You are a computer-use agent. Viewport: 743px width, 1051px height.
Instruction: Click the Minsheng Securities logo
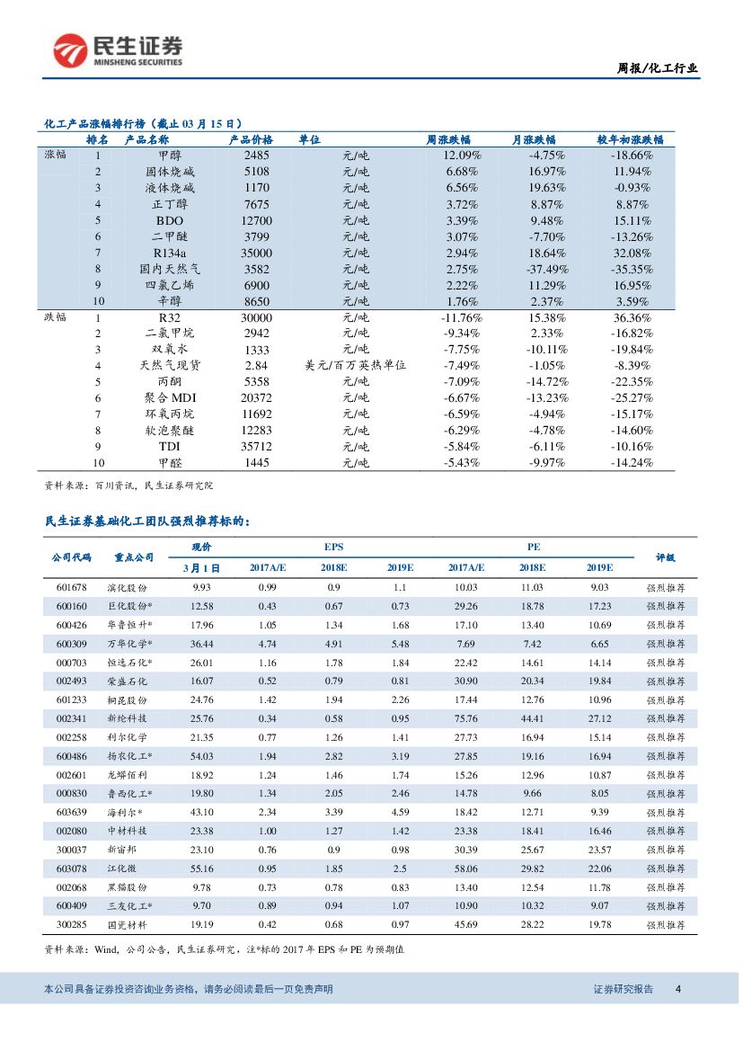tap(118, 50)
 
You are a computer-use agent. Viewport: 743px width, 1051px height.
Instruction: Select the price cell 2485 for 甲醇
tap(256, 156)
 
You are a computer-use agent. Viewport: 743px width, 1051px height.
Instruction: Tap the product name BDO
tap(170, 220)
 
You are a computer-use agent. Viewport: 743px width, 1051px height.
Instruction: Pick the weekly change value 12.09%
tap(463, 156)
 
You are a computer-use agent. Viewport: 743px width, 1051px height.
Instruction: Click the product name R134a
tap(170, 253)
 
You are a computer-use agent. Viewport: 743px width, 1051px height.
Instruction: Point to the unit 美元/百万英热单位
tap(356, 366)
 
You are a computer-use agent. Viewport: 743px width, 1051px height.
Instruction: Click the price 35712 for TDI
tap(256, 447)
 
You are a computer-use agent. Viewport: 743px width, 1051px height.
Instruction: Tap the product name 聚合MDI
tap(170, 398)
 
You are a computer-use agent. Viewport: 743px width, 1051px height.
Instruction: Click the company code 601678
tap(71, 587)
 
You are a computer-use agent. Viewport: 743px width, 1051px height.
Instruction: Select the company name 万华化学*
tap(129, 644)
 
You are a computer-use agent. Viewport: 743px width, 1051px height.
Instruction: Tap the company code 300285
tap(71, 923)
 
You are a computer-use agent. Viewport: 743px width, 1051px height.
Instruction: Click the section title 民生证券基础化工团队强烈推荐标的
tap(147, 521)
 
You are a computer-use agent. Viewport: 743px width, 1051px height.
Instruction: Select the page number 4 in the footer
tap(678, 989)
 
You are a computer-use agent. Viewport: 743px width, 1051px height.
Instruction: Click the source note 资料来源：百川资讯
tap(128, 485)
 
